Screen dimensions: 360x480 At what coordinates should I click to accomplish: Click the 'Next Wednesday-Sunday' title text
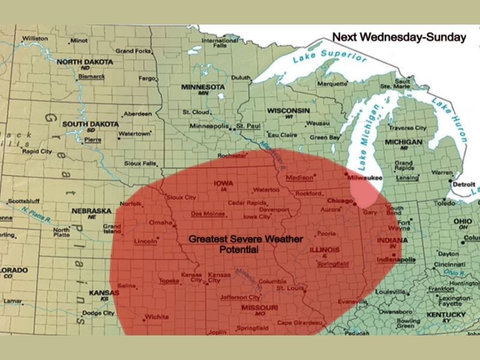click(399, 37)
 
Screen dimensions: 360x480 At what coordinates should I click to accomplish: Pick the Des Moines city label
click(204, 214)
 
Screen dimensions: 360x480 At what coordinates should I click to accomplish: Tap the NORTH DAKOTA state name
click(84, 62)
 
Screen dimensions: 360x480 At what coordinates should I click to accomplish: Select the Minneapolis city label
click(209, 126)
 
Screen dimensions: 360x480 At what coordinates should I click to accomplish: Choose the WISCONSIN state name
click(289, 111)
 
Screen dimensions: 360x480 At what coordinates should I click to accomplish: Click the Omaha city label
click(160, 223)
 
